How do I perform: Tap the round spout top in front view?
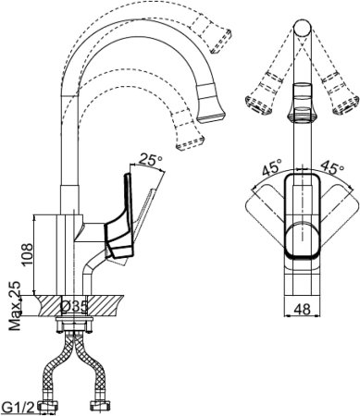(x=302, y=29)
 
